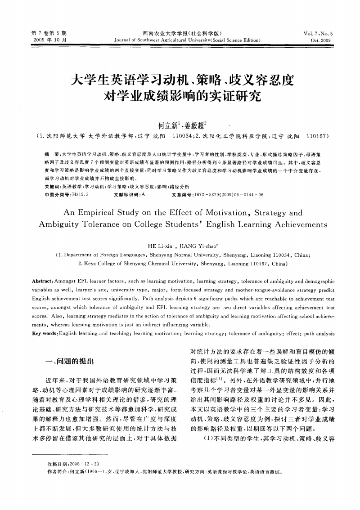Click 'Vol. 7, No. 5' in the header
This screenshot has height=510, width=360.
[318, 33]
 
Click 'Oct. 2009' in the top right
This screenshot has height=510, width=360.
[321, 40]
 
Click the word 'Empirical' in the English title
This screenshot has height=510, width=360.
[104, 213]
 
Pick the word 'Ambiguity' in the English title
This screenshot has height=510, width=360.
[61, 224]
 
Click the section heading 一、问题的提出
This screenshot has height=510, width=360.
[67, 361]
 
